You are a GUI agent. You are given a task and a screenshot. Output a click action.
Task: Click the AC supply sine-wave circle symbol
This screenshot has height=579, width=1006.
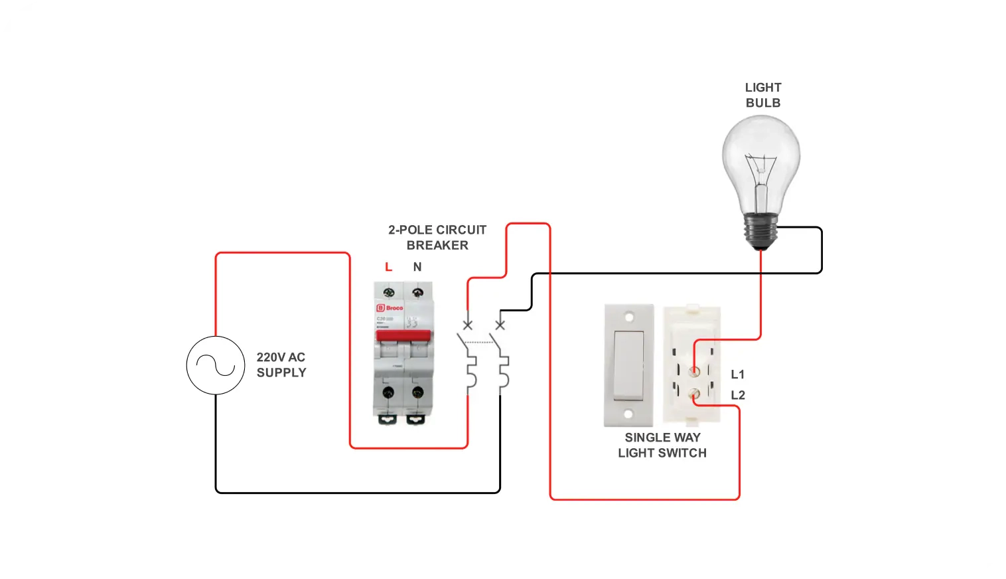pyautogui.click(x=216, y=365)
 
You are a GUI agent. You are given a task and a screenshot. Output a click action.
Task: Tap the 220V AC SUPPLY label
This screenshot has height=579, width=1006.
pyautogui.click(x=281, y=365)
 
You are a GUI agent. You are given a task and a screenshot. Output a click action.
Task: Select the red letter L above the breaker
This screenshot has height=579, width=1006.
pyautogui.click(x=388, y=267)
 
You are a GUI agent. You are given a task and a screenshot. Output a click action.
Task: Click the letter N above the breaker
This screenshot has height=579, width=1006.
pyautogui.click(x=417, y=267)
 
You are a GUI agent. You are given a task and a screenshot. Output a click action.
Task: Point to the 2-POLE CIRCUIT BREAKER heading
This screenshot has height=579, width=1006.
pyautogui.click(x=437, y=238)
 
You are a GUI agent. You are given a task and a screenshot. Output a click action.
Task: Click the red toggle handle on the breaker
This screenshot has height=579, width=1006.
pyautogui.click(x=403, y=335)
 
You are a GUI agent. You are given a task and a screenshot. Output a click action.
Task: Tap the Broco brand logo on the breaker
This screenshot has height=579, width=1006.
pyautogui.click(x=390, y=308)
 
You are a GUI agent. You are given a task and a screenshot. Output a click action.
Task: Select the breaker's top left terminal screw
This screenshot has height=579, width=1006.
pyautogui.click(x=389, y=292)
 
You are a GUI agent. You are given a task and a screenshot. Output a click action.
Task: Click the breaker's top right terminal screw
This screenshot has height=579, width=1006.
pyautogui.click(x=417, y=292)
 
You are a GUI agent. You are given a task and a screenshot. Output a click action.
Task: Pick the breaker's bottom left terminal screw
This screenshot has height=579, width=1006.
pyautogui.click(x=389, y=393)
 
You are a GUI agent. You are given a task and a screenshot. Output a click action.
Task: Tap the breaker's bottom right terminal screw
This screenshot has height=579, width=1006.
pyautogui.click(x=417, y=393)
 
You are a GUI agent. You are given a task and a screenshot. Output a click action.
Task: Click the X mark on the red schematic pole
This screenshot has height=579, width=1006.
pyautogui.click(x=468, y=325)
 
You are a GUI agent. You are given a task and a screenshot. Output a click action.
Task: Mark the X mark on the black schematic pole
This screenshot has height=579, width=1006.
pyautogui.click(x=500, y=325)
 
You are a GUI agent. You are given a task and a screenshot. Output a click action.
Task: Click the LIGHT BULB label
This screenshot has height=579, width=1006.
pyautogui.click(x=763, y=96)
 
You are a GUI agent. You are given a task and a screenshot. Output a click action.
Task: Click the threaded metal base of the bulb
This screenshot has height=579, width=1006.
pyautogui.click(x=760, y=230)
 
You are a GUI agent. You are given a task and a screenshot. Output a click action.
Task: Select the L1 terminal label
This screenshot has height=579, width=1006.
pyautogui.click(x=738, y=374)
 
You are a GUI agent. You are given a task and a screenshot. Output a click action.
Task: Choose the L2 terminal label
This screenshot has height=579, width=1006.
pyautogui.click(x=738, y=395)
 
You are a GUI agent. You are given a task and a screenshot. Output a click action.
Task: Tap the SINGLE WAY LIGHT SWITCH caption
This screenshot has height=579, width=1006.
pyautogui.click(x=662, y=446)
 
